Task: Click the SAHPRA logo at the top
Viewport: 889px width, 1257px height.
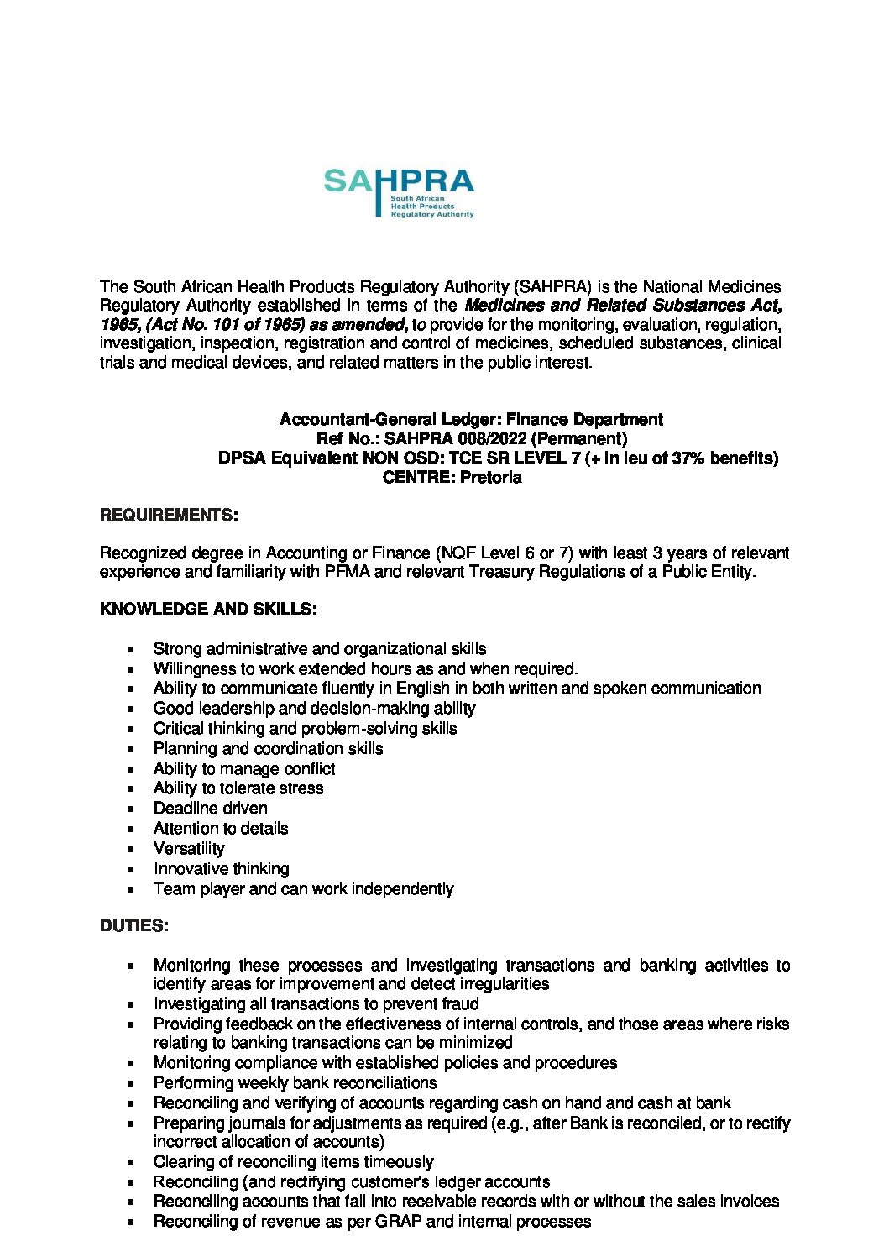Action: click(399, 192)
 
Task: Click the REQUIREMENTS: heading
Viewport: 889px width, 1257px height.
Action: click(169, 515)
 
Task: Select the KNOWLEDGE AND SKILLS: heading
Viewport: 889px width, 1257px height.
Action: click(208, 609)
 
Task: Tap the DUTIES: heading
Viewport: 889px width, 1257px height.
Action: click(134, 925)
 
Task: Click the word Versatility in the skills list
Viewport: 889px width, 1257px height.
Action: click(189, 848)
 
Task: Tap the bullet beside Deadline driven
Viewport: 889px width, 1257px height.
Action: click(131, 809)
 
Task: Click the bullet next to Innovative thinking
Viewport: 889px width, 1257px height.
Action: click(131, 869)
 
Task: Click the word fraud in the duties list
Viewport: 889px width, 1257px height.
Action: click(460, 1003)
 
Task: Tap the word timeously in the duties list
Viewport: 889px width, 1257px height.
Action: click(400, 1162)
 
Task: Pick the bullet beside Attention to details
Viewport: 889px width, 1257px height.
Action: click(131, 829)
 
